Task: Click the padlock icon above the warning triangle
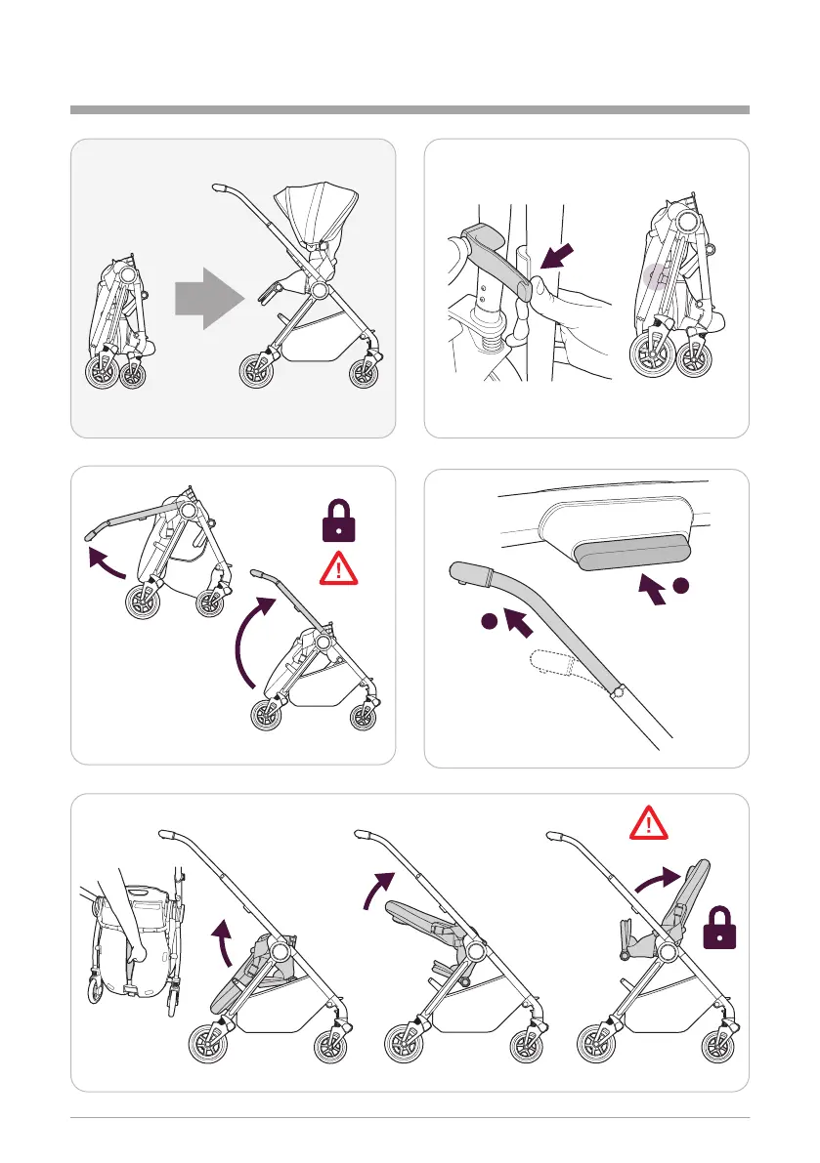point(337,519)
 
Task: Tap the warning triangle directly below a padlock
point(337,566)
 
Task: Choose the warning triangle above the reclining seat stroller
point(649,822)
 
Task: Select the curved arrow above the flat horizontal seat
point(377,888)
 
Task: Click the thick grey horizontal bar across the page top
point(410,109)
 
